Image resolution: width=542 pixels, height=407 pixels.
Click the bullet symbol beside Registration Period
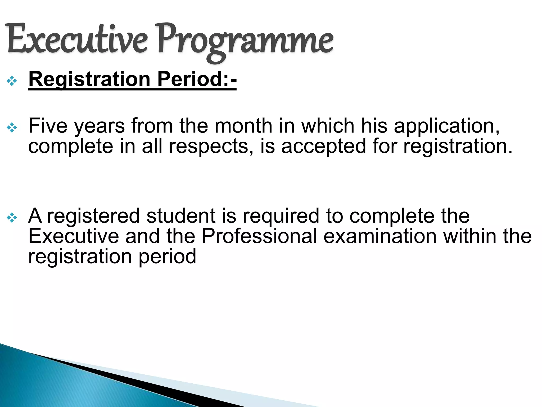point(12,81)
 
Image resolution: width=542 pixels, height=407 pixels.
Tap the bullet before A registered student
point(12,218)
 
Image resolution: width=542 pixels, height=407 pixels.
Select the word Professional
point(259,236)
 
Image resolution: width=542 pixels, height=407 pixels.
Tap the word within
point(470,236)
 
